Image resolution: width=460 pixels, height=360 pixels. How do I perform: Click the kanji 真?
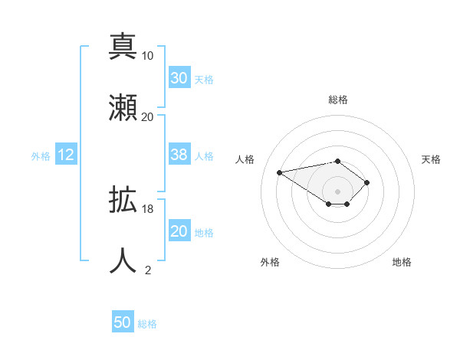point(123,47)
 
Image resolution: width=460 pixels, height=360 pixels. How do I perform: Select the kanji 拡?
point(123,201)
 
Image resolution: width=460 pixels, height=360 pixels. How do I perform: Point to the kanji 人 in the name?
point(123,260)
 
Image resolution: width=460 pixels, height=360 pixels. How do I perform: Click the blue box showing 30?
point(179,78)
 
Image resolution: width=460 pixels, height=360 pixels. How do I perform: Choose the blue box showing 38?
point(179,155)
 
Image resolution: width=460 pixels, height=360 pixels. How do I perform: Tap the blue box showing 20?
point(179,231)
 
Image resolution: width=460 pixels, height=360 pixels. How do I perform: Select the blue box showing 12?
point(66,155)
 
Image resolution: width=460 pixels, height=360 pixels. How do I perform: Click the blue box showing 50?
point(123,322)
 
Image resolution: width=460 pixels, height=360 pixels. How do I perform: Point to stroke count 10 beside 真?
point(148,56)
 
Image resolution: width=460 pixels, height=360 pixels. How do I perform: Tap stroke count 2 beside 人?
point(148,270)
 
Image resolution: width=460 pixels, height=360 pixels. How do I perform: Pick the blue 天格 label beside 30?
point(204,80)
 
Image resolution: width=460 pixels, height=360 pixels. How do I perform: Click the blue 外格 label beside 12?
point(41,156)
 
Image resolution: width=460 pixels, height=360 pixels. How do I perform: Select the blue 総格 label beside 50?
point(147,324)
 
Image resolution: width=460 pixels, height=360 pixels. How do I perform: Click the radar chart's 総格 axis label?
point(338,100)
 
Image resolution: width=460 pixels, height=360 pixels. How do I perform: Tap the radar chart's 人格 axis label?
point(246,159)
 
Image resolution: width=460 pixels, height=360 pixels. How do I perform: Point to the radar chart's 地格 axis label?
point(402,263)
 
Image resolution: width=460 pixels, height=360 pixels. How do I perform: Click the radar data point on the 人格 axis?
point(280,172)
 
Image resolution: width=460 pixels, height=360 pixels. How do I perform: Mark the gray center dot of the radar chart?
point(338,191)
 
